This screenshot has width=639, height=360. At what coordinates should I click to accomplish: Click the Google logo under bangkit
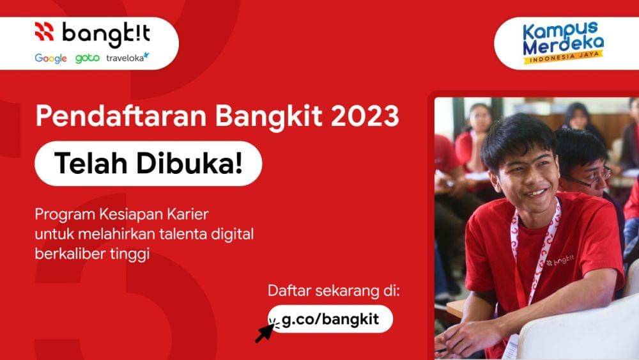50,58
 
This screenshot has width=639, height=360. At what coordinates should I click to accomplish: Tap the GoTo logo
88,58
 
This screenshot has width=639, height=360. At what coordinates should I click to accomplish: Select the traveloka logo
128,58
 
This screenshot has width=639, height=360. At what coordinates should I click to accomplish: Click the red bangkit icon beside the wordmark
44,31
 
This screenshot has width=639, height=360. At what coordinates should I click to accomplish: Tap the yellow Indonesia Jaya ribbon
562,59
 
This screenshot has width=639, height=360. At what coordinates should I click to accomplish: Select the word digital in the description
231,234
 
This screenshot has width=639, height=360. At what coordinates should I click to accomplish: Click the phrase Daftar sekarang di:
334,292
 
